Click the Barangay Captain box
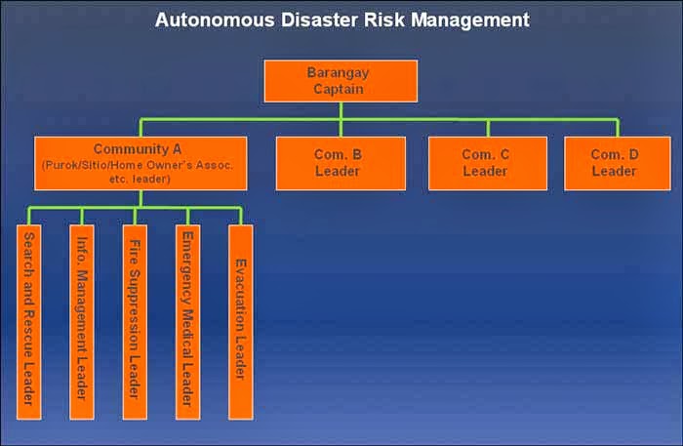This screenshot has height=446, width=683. point(341,81)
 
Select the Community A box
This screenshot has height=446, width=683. point(141,163)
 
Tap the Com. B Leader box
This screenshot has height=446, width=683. point(341,163)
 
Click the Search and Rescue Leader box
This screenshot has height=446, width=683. point(29,321)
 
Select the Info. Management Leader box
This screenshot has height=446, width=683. point(82,321)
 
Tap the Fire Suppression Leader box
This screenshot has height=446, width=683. point(135,321)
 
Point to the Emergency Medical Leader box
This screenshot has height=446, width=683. point(187,321)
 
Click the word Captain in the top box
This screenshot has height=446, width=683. point(341,90)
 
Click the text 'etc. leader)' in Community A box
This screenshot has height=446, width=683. point(141,180)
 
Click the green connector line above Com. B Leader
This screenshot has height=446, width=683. point(341,128)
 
